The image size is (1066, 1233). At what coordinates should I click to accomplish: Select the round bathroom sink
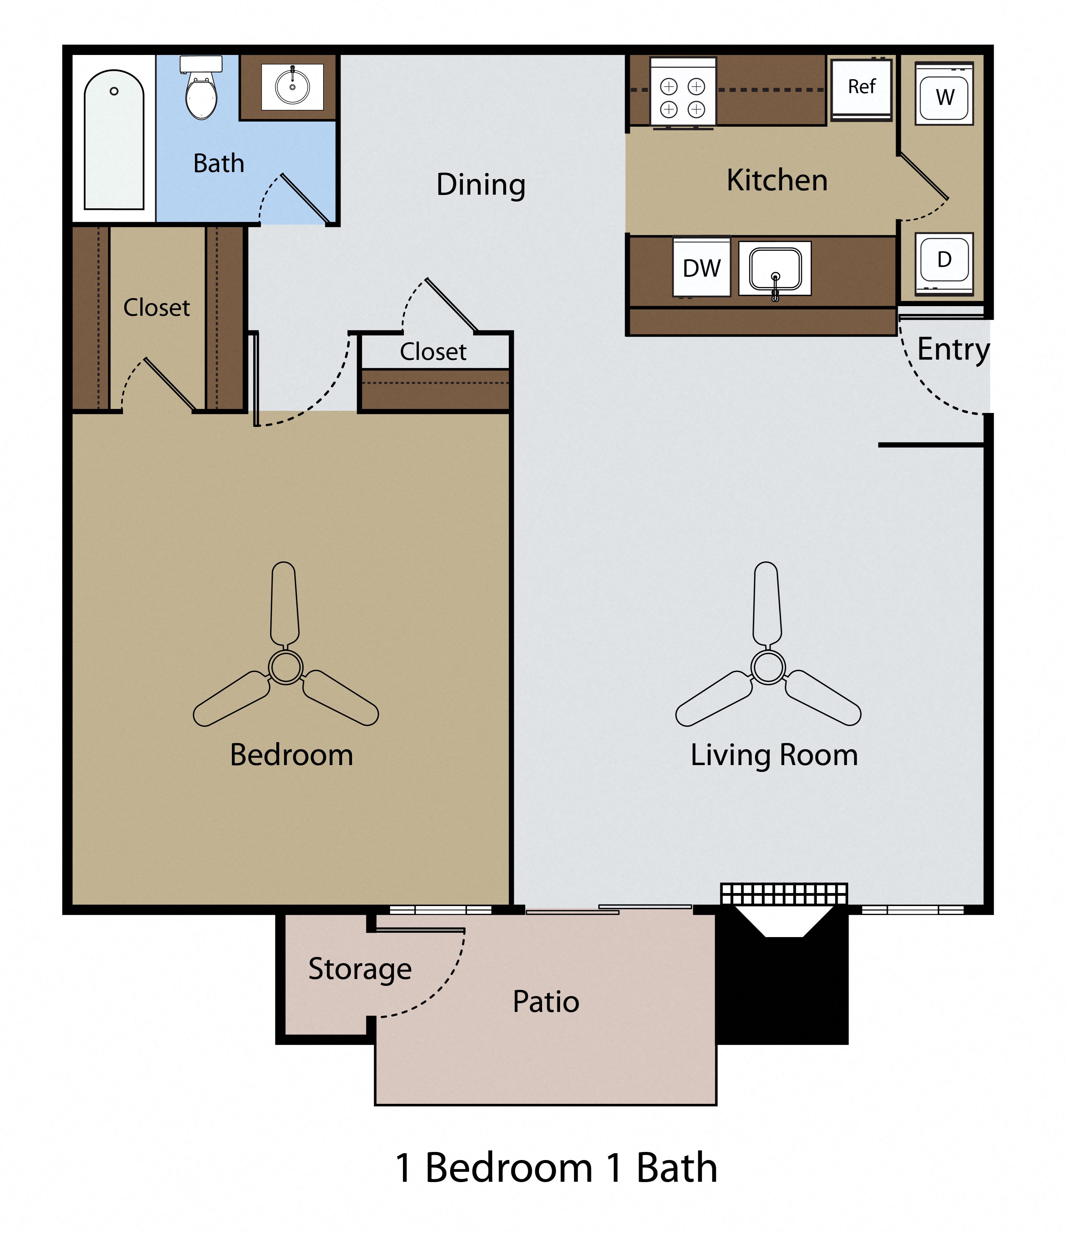pyautogui.click(x=292, y=87)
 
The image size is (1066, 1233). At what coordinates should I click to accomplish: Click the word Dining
pyautogui.click(x=481, y=184)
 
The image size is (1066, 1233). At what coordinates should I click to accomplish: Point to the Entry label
pyautogui.click(x=953, y=349)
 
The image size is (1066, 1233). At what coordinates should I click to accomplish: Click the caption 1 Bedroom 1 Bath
pyautogui.click(x=556, y=1167)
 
